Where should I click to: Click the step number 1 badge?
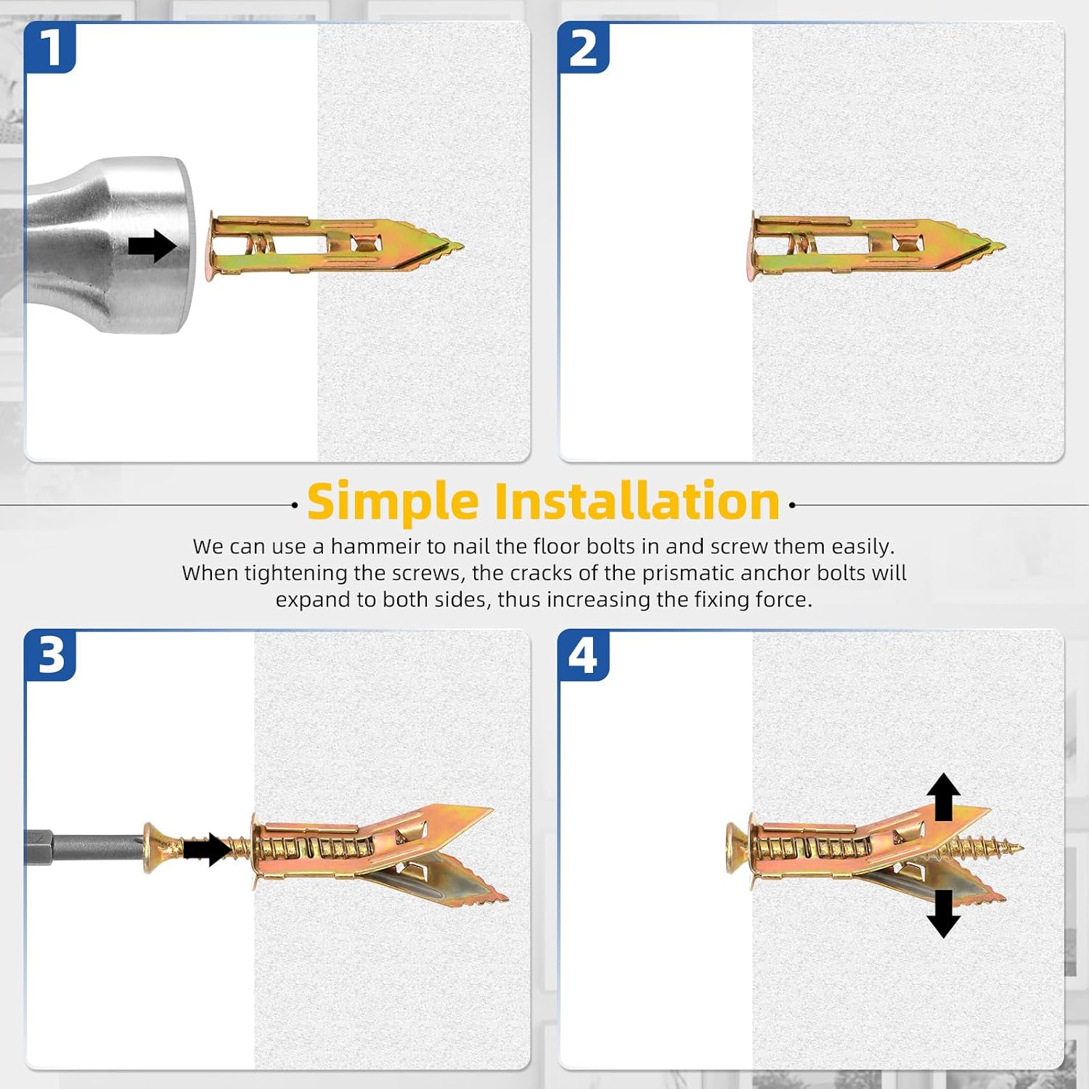tap(50, 48)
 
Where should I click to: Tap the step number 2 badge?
tap(583, 48)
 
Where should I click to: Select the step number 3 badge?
tap(50, 656)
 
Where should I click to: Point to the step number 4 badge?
tap(583, 656)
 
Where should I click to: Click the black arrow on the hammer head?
tap(152, 246)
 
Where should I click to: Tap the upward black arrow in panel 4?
tap(943, 797)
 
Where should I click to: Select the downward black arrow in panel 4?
tap(943, 913)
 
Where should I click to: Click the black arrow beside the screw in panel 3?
tap(207, 849)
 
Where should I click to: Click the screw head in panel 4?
tap(736, 847)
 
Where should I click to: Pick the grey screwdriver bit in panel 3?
tap(84, 847)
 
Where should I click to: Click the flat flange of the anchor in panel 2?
tap(752, 246)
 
